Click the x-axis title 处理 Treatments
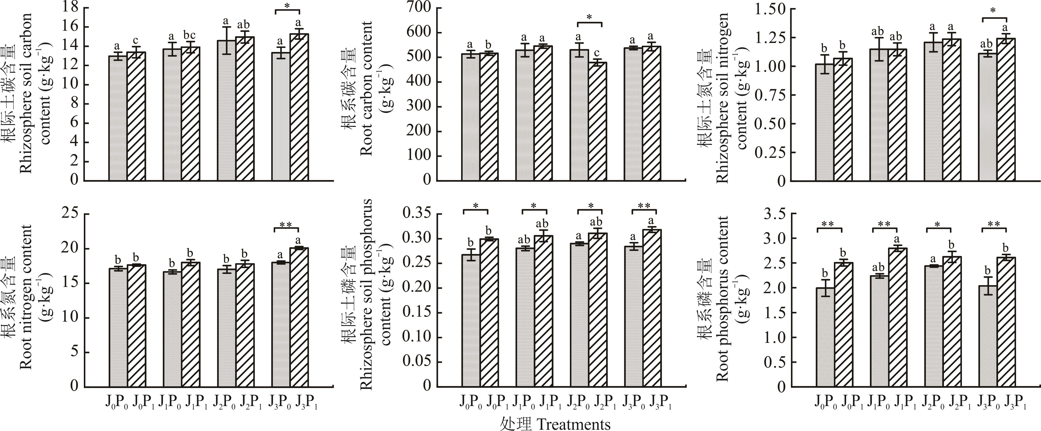555,424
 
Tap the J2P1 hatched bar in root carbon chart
597,121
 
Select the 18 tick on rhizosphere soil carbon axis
72,7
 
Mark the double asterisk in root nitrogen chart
286,225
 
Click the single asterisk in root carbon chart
589,18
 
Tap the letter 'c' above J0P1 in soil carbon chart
136,41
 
